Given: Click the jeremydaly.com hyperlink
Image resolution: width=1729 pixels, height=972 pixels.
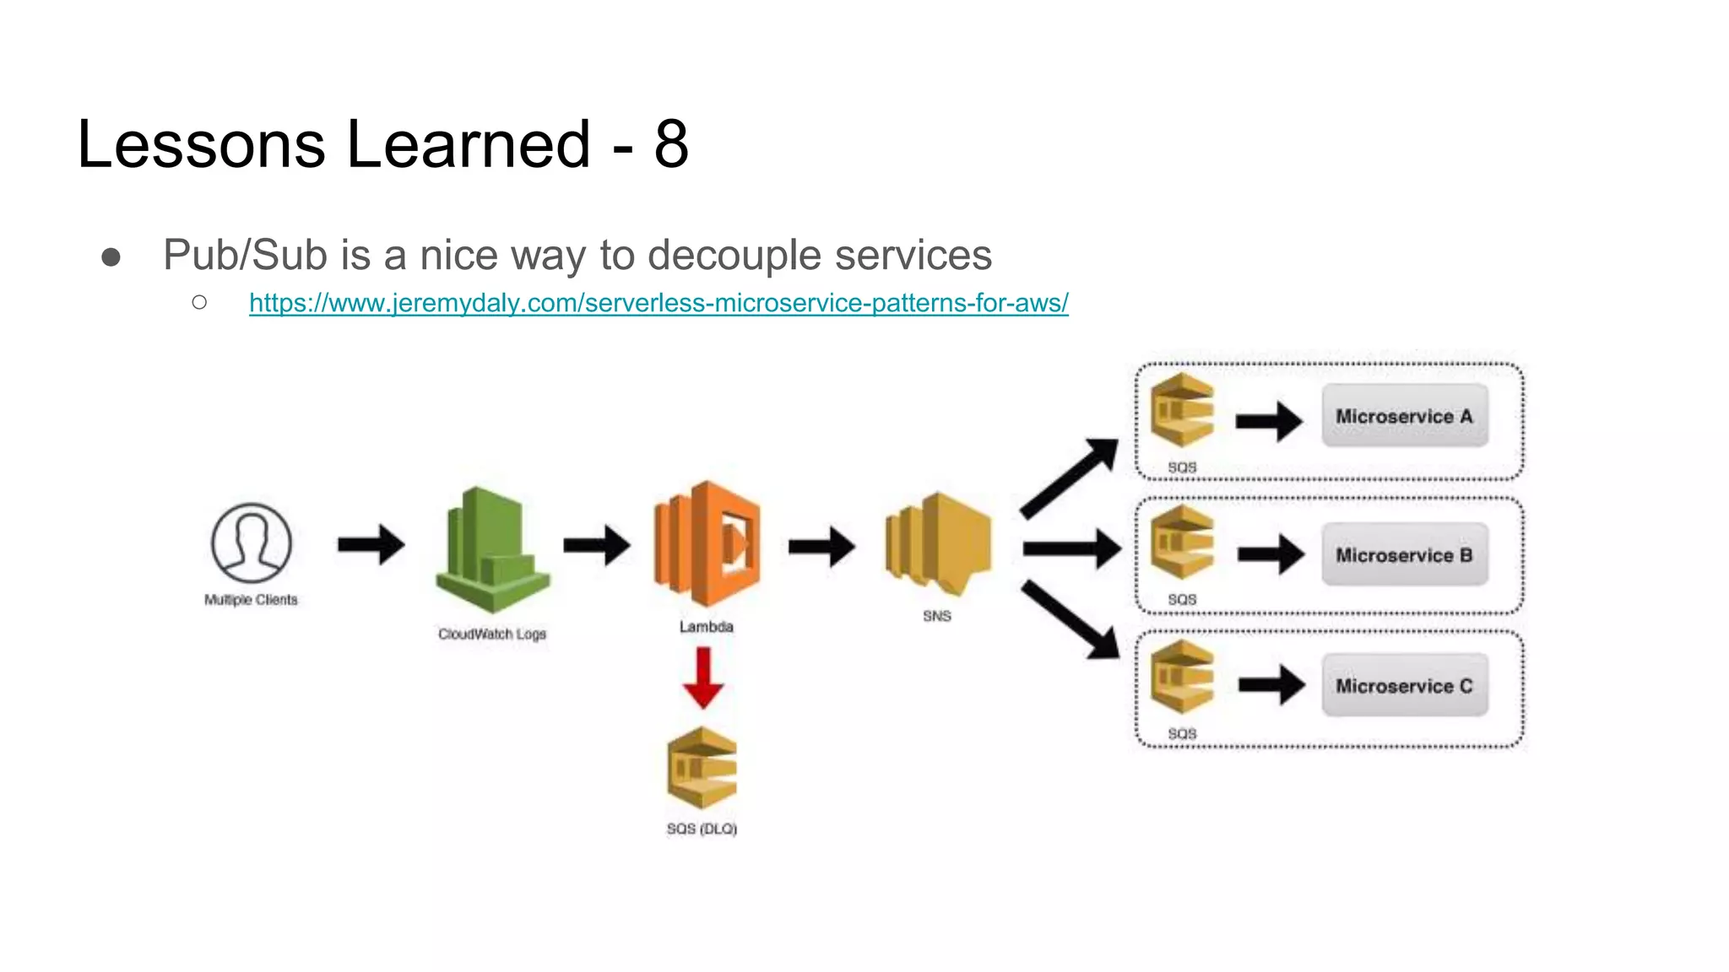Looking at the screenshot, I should (x=659, y=303).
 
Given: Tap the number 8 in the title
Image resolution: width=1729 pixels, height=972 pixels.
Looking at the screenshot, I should (x=671, y=144).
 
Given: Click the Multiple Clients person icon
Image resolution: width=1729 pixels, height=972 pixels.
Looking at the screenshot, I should (x=251, y=543).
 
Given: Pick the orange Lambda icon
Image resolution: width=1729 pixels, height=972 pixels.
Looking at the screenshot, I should (x=707, y=544).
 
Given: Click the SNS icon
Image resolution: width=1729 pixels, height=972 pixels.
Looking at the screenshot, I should (x=938, y=544).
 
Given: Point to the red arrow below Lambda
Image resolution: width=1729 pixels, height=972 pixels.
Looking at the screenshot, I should (x=702, y=678).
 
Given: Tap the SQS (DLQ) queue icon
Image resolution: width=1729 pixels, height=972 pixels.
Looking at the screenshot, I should (x=702, y=768).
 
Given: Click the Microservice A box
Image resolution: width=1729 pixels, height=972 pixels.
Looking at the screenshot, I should (x=1404, y=416).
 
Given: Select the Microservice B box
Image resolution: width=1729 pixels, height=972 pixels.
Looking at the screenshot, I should (x=1404, y=555).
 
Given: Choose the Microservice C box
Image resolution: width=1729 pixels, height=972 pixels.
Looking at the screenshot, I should (x=1404, y=686).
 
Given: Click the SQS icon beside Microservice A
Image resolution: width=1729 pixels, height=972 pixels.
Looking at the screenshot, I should (x=1182, y=411).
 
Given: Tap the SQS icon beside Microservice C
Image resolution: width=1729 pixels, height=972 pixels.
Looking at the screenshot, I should (x=1182, y=677).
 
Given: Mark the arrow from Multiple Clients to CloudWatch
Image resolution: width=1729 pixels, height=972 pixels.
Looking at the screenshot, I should (x=371, y=544).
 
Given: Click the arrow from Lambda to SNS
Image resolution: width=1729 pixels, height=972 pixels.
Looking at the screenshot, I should (x=821, y=547).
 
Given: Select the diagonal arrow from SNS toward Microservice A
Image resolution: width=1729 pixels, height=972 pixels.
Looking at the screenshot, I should (x=1068, y=478).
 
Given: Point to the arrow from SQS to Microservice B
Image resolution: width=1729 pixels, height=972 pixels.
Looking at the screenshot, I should (x=1271, y=554).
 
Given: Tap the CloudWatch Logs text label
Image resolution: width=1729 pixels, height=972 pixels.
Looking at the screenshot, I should (x=492, y=634).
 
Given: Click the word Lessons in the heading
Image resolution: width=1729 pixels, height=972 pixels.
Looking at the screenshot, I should (x=201, y=144).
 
